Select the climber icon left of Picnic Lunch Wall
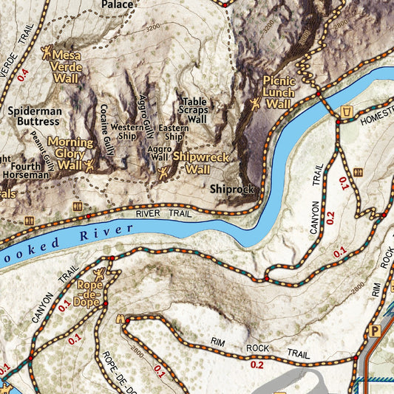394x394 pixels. coord(256,104)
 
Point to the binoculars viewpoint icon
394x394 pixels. coord(122,319)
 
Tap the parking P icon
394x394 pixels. coord(375,331)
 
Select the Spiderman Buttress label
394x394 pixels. coord(33,116)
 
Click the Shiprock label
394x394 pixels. coord(231,189)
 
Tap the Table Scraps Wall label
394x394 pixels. coord(195,110)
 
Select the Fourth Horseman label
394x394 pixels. coord(27,170)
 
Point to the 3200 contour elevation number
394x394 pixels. coord(153,27)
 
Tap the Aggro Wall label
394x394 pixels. coord(159,153)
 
